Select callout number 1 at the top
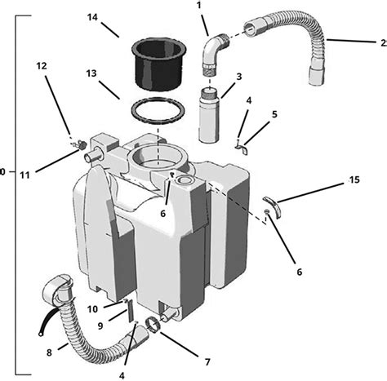pyautogui.click(x=198, y=6)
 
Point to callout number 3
pyautogui.click(x=239, y=76)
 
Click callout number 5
pyautogui.click(x=274, y=114)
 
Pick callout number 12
pyautogui.click(x=42, y=66)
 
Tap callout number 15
pyautogui.click(x=354, y=179)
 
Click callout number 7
pyautogui.click(x=206, y=360)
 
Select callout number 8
pyautogui.click(x=50, y=353)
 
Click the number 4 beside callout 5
pyautogui.click(x=249, y=100)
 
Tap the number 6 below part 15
pyautogui.click(x=300, y=271)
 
